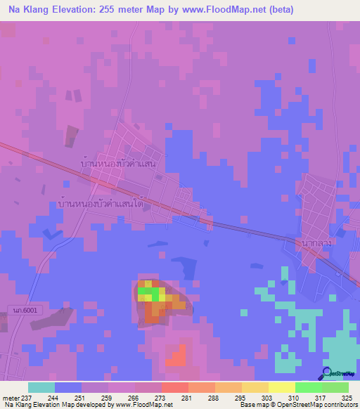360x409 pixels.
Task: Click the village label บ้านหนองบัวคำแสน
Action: coord(117,162)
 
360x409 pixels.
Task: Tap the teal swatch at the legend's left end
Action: coord(41,387)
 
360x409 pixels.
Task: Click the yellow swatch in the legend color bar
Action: coord(282,387)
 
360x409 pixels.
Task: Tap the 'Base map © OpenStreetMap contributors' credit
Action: coord(297,405)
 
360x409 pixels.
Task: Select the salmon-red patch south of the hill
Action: coord(176,357)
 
